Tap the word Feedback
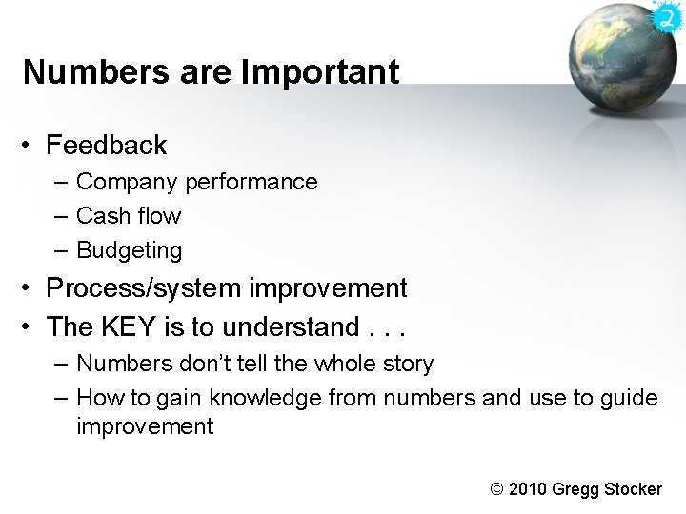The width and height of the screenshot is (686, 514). coord(106,146)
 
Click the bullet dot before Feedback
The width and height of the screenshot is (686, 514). coord(30,146)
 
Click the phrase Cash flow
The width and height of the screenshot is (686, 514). coord(128,216)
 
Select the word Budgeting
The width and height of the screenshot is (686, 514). coord(129,251)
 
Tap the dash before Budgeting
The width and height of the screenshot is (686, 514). coord(61,251)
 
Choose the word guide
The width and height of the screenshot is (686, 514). coord(628,398)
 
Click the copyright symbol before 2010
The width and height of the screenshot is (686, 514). coord(496,489)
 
